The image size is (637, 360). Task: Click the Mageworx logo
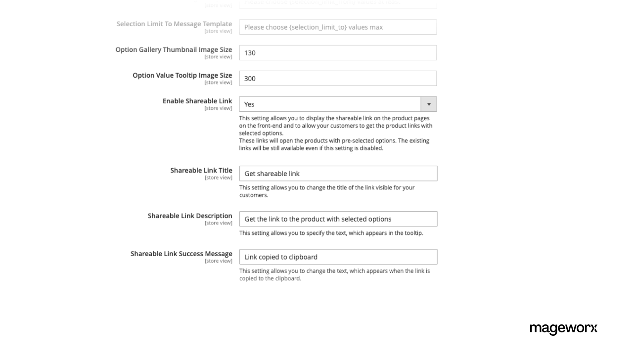click(563, 328)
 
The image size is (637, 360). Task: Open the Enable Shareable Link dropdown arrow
click(429, 104)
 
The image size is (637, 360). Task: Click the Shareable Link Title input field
click(338, 174)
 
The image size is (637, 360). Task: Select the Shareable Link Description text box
click(338, 219)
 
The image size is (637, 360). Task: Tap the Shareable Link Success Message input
click(338, 257)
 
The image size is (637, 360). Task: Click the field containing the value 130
click(338, 53)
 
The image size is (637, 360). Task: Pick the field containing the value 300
click(338, 79)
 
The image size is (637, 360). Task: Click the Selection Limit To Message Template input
click(338, 27)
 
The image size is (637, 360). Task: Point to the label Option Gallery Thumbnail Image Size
click(174, 49)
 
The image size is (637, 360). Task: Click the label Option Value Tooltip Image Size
click(182, 75)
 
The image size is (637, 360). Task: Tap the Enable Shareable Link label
click(197, 101)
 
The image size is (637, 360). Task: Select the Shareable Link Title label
click(201, 170)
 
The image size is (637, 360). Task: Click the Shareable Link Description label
click(189, 216)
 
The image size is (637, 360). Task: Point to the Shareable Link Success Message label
click(181, 254)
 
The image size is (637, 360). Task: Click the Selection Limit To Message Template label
click(174, 24)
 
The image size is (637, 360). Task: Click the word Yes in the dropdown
click(249, 104)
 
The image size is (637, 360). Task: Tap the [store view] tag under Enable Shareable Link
click(218, 108)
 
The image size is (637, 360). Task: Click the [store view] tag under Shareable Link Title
click(218, 178)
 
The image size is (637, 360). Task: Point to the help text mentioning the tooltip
click(331, 233)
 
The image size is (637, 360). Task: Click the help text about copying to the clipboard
click(334, 274)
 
